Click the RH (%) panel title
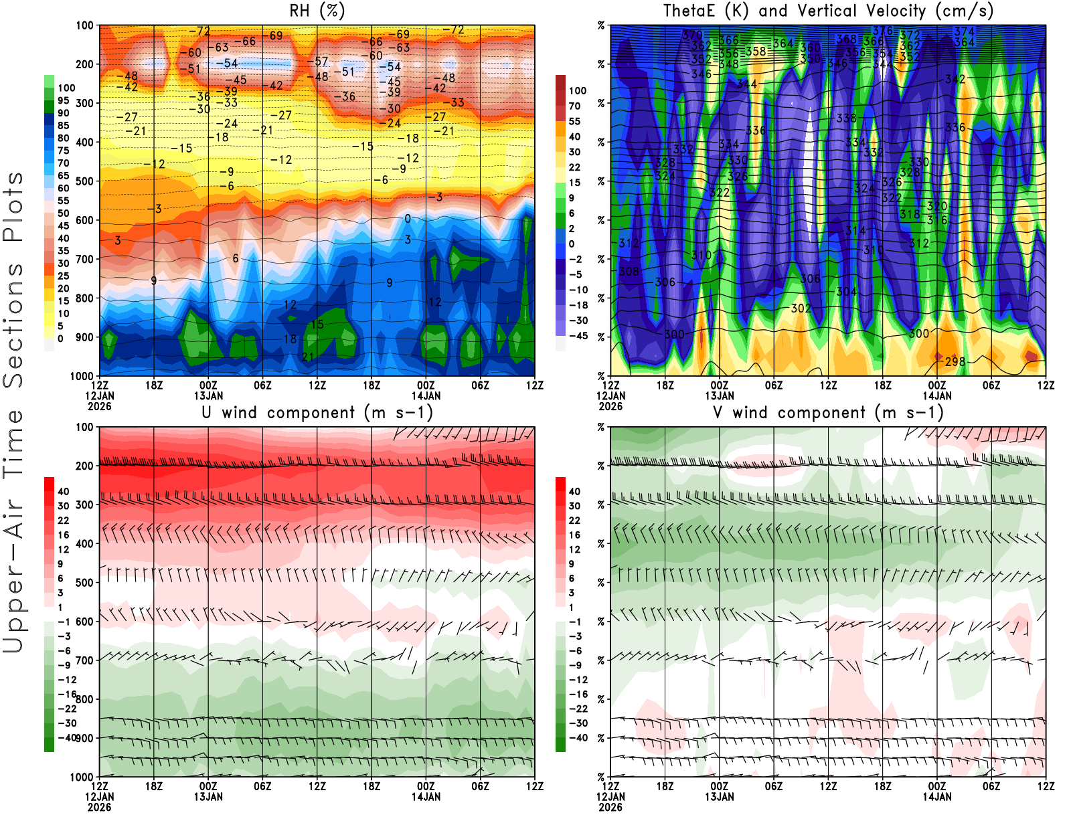[317, 11]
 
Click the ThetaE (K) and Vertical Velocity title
[828, 11]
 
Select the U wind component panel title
[317, 412]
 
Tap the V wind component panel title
[828, 412]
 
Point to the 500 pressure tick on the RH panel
[85, 181]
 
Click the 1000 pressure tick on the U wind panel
[82, 777]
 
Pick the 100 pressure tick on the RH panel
[85, 25]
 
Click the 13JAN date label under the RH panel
[208, 395]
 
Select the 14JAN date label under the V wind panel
[937, 797]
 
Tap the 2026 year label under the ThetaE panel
[610, 406]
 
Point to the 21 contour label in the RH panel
[307, 357]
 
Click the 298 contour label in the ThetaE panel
[955, 361]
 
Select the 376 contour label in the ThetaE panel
[883, 31]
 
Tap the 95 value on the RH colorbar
[63, 100]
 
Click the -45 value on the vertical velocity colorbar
[578, 336]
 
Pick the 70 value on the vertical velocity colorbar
[575, 106]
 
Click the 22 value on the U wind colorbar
[64, 521]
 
